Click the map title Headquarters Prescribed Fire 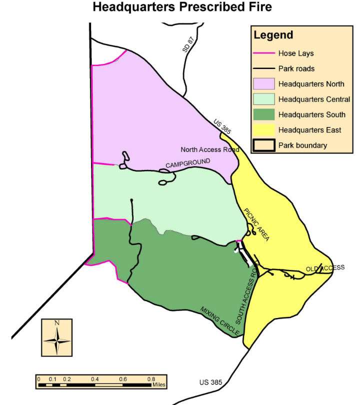tap(182, 7)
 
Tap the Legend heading tap(273, 35)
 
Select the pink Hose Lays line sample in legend tap(264, 53)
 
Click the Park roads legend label tap(296, 68)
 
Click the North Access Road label tap(210, 149)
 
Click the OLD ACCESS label tap(325, 268)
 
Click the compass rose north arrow tap(57, 339)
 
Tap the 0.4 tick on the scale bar tap(95, 379)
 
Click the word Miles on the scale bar tap(159, 385)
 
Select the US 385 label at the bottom tap(210, 382)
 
